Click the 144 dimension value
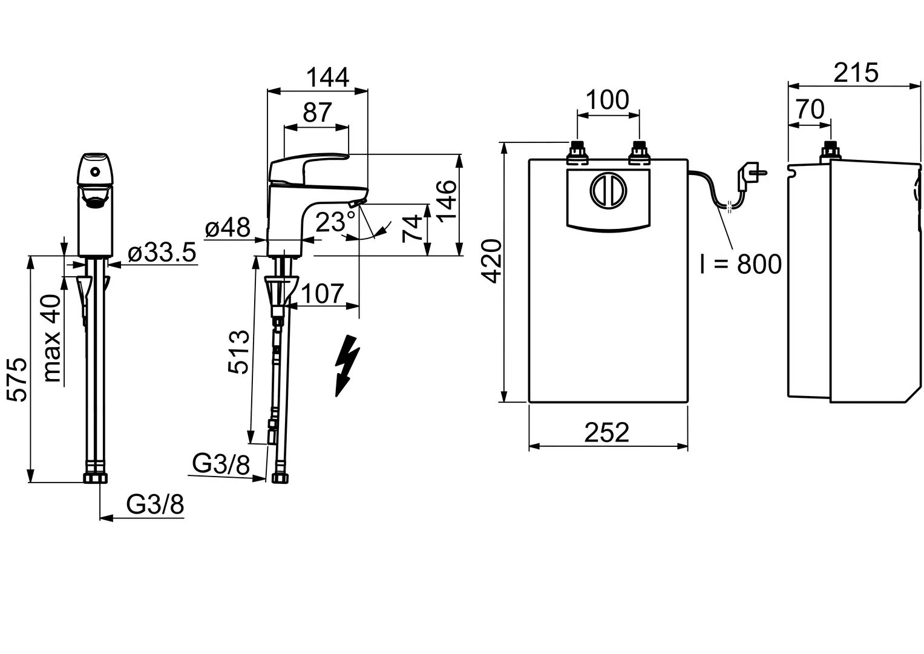pyautogui.click(x=327, y=78)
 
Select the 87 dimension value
pyautogui.click(x=317, y=112)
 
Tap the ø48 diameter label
pyautogui.click(x=228, y=228)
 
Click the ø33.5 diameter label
pyautogui.click(x=162, y=253)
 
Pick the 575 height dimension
pyautogui.click(x=18, y=380)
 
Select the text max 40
pyautogui.click(x=52, y=338)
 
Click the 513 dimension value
pyautogui.click(x=239, y=352)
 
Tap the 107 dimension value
pyautogui.click(x=323, y=294)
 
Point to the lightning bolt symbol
pyautogui.click(x=347, y=365)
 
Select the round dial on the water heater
pyautogui.click(x=609, y=190)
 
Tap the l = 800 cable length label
pyautogui.click(x=741, y=264)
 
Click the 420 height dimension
pyautogui.click(x=492, y=261)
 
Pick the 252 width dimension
pyautogui.click(x=607, y=432)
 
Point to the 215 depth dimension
pyautogui.click(x=856, y=73)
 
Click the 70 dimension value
pyautogui.click(x=810, y=110)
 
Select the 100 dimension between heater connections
pyautogui.click(x=608, y=100)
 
